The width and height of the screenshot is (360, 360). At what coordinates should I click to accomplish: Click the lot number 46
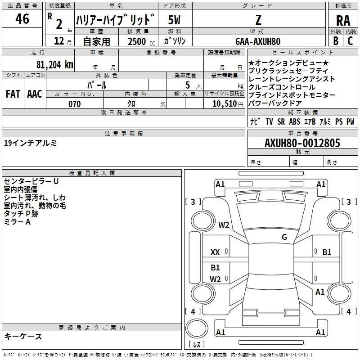pyautogui.click(x=22, y=18)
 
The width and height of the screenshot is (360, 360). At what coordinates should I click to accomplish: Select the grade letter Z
pyautogui.click(x=258, y=20)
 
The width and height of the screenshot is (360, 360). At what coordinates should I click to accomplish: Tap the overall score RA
pyautogui.click(x=343, y=21)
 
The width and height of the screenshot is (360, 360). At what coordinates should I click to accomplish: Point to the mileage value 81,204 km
pyautogui.click(x=55, y=65)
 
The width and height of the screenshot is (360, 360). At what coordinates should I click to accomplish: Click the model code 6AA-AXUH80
pyautogui.click(x=258, y=41)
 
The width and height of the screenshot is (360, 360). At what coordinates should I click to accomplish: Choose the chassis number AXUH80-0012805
pyautogui.click(x=302, y=143)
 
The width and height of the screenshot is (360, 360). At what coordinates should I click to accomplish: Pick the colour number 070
pyautogui.click(x=75, y=104)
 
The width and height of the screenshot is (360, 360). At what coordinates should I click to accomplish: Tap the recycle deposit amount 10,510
pyautogui.click(x=225, y=104)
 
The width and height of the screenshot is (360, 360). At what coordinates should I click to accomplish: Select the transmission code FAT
pyautogui.click(x=13, y=94)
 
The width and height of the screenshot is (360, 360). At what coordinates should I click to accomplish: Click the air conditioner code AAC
pyautogui.click(x=35, y=94)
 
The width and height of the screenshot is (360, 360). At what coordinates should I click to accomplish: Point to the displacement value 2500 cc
pyautogui.click(x=141, y=42)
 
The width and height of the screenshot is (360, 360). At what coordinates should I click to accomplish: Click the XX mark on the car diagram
pyautogui.click(x=215, y=252)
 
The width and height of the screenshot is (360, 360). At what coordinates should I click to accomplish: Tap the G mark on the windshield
pyautogui.click(x=284, y=237)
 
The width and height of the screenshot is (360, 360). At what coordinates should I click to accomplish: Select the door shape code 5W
pyautogui.click(x=174, y=20)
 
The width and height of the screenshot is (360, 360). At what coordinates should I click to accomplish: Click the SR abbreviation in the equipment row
pyautogui.click(x=281, y=121)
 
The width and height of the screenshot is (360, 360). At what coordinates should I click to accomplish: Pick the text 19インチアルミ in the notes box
pyautogui.click(x=30, y=143)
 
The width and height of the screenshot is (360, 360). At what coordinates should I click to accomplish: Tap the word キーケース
pyautogui.click(x=23, y=337)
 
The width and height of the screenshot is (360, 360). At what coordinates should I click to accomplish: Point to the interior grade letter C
pyautogui.click(x=350, y=41)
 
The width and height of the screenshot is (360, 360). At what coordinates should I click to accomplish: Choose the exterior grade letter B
pyautogui.click(x=336, y=41)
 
